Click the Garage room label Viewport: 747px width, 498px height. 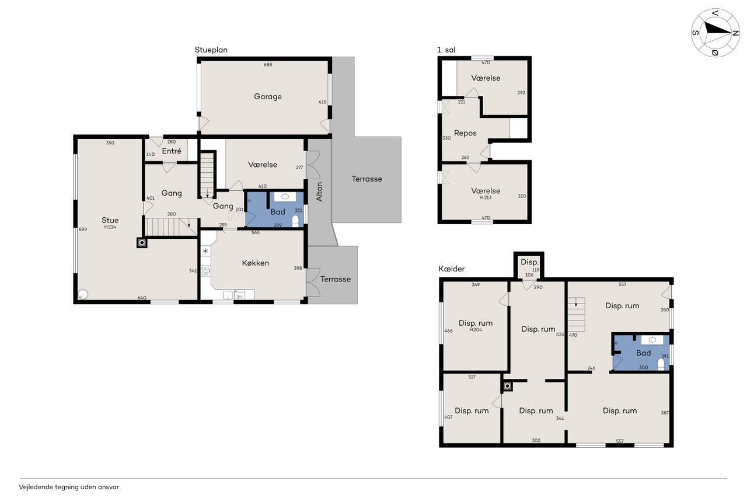point(267,97)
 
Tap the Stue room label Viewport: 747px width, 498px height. point(110,220)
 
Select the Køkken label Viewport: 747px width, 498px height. point(256,263)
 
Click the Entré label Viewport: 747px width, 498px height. point(172,151)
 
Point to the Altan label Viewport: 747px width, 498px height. point(319,192)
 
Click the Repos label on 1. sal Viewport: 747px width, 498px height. point(465,133)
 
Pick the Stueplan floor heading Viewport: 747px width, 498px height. point(211,50)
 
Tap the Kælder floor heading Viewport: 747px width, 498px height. point(452,269)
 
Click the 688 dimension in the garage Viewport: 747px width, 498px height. point(268,65)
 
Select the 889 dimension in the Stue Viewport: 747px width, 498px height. point(83,229)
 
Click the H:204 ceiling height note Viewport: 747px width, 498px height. point(476,329)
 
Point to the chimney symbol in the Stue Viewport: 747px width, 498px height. point(142,243)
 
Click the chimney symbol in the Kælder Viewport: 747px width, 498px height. point(508,386)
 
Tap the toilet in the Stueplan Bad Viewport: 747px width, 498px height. point(295,221)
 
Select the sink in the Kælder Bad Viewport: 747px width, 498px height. point(652,340)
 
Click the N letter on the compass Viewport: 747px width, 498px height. point(735,33)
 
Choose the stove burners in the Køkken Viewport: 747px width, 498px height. point(205,270)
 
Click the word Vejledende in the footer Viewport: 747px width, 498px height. point(36,487)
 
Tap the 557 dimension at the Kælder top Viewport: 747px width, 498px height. point(622,284)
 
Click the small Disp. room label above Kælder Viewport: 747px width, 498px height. point(529,262)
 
